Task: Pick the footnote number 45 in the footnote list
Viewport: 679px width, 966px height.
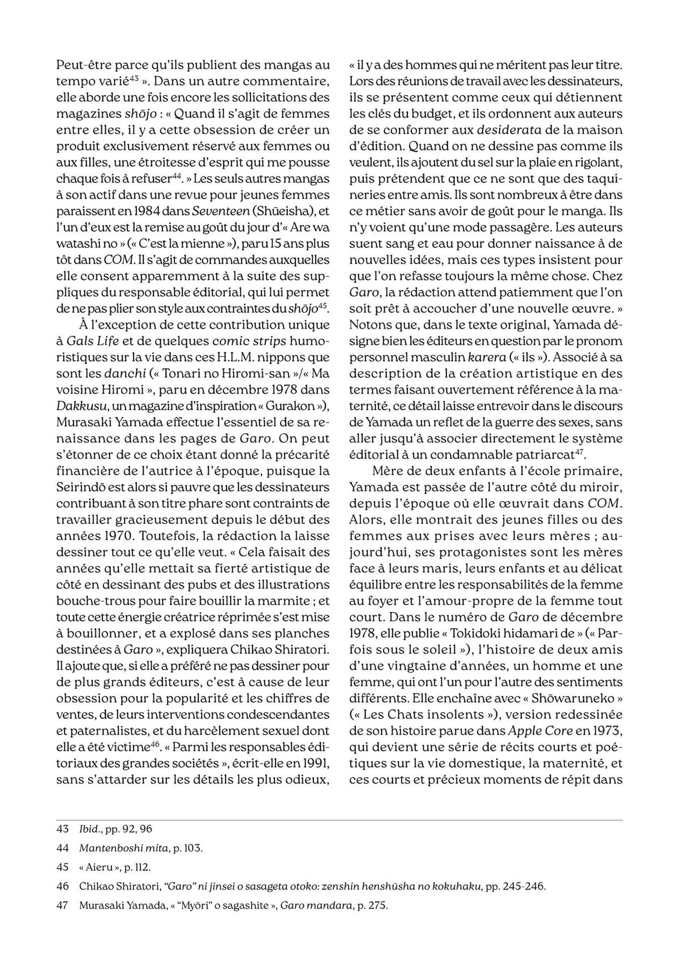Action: click(63, 867)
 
